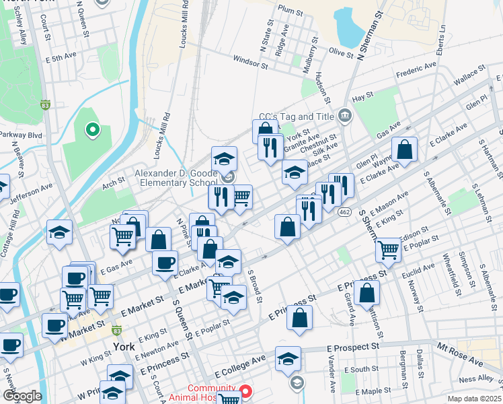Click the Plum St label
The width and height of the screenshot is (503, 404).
291,10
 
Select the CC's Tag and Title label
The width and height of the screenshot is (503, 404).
297,116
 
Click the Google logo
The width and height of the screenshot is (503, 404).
22,396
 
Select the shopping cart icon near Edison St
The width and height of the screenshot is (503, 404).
388,248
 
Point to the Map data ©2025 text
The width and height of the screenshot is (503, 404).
474,398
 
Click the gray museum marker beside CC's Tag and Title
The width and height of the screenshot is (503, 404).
344,116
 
